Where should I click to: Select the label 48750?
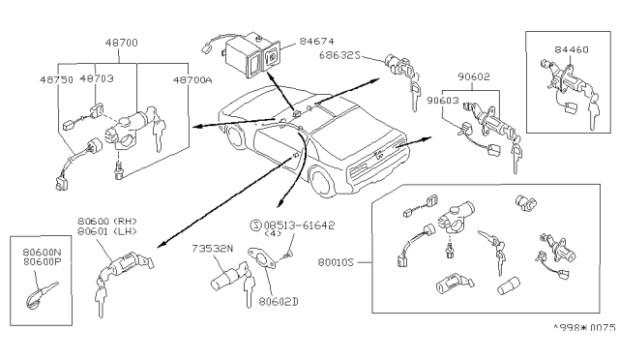click(61, 80)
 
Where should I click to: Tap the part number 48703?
click(96, 80)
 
